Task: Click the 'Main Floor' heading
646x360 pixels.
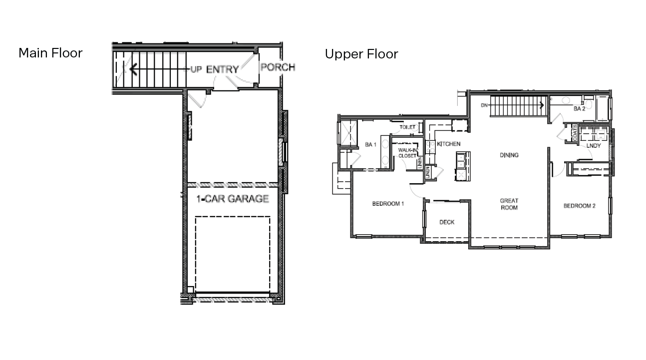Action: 50,53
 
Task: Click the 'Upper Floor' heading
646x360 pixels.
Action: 361,54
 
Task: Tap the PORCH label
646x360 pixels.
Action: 278,67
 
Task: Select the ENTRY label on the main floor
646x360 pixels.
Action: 222,69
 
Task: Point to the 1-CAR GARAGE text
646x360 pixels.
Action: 232,199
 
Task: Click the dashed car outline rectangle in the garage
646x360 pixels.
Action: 232,255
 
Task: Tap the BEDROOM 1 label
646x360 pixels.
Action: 388,204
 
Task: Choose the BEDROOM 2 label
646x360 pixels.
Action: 579,206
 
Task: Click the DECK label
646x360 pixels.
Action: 447,222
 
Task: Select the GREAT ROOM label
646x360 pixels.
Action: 509,204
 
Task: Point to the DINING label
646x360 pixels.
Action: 509,155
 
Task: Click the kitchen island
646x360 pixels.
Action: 461,166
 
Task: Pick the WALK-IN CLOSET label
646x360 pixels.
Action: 407,153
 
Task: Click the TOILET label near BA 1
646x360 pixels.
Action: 407,127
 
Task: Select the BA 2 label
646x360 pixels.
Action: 579,108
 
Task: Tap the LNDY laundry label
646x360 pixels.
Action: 594,146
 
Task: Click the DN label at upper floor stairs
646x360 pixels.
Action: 484,105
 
